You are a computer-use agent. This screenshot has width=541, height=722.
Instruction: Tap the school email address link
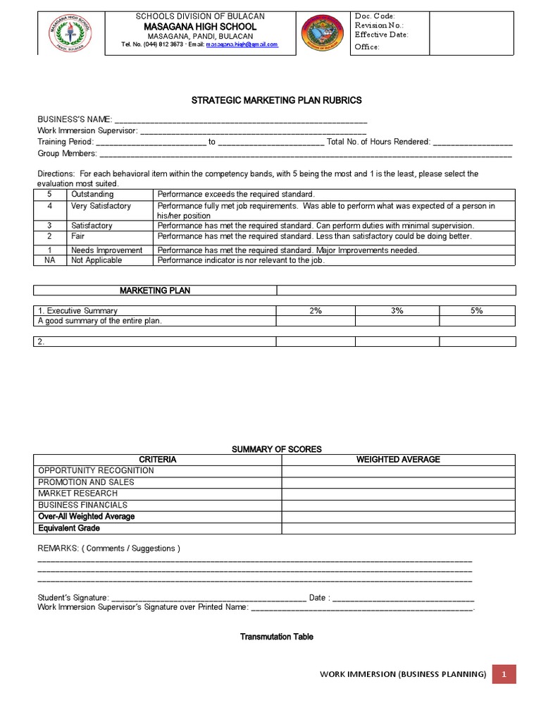click(242, 44)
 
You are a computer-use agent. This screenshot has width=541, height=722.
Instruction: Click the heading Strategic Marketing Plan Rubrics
click(277, 101)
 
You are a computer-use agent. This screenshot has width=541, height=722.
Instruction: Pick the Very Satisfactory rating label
click(101, 206)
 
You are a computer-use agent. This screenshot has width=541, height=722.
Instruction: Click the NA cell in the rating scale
click(49, 260)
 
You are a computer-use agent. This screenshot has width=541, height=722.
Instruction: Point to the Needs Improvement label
click(106, 250)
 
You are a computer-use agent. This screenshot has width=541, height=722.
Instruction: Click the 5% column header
click(477, 311)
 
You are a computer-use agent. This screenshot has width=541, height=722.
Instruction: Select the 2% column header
click(315, 311)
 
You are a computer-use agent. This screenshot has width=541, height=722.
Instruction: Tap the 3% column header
click(397, 311)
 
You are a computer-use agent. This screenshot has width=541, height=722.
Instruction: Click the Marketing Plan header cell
click(155, 290)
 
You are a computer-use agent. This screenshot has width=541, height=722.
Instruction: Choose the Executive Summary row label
click(78, 311)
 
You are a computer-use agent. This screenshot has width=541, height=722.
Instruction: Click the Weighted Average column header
click(398, 460)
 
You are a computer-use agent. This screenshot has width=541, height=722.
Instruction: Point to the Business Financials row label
click(82, 505)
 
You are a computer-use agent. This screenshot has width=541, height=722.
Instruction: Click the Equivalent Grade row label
click(69, 528)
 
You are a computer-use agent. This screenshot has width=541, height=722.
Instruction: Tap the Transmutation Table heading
click(277, 637)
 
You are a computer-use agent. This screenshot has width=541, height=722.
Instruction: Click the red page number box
click(504, 674)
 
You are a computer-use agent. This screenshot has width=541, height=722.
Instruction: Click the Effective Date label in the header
click(381, 35)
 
